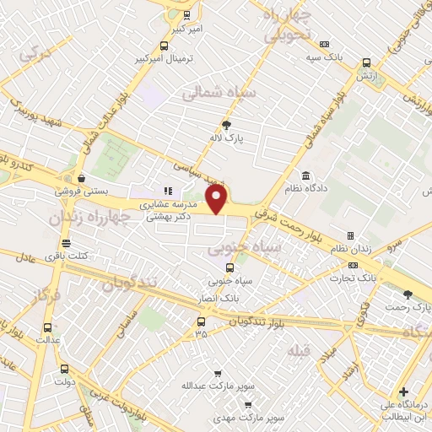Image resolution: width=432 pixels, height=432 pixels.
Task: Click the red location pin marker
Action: [x=218, y=200]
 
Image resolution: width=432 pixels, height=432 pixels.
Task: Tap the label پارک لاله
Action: [x=226, y=140]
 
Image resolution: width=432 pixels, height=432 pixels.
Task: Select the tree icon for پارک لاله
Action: [x=226, y=127]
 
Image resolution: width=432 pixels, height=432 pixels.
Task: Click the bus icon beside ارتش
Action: [x=366, y=62]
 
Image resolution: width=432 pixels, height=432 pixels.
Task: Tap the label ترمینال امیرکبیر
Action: [x=165, y=61]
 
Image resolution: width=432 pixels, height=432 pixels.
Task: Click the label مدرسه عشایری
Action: [x=174, y=204]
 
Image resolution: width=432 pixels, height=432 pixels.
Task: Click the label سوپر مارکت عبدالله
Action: [x=218, y=386]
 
